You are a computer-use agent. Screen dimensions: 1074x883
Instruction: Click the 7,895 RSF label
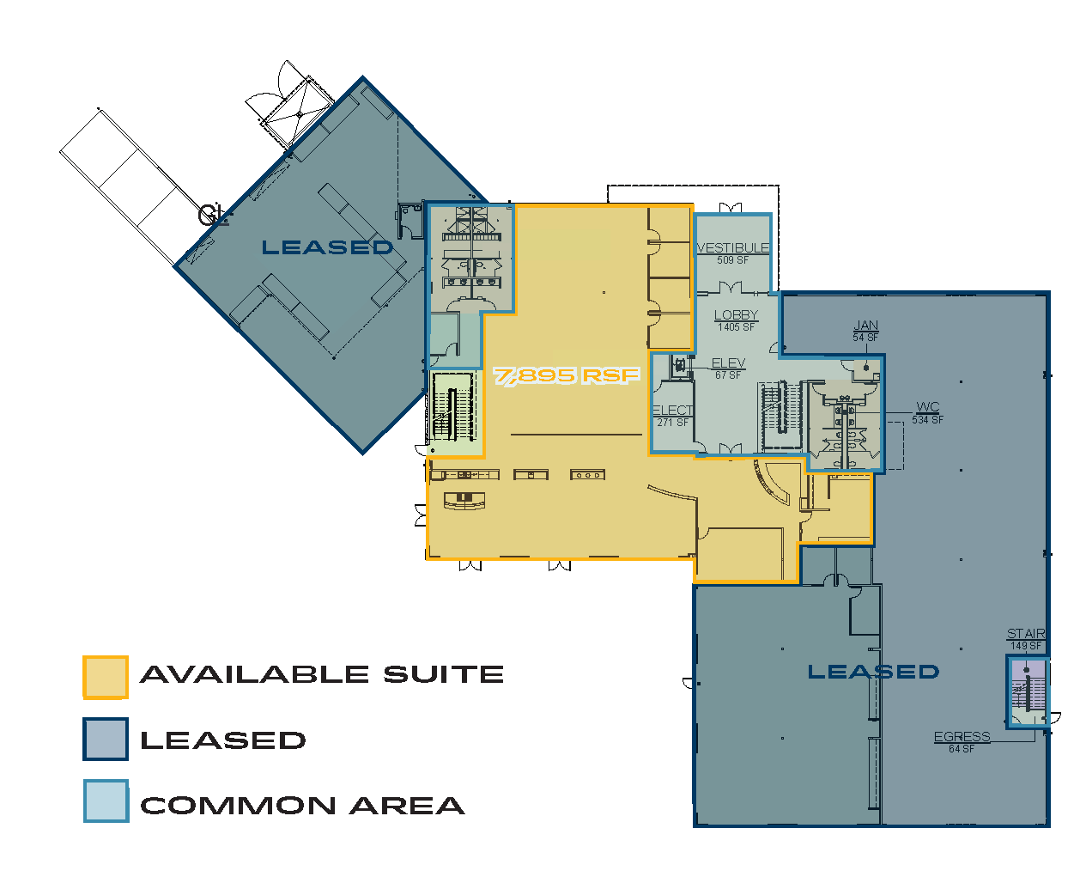[x=566, y=375]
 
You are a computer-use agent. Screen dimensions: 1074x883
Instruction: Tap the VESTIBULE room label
[x=733, y=247]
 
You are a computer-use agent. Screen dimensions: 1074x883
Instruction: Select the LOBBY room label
[x=736, y=315]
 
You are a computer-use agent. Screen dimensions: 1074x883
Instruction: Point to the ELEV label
[x=728, y=362]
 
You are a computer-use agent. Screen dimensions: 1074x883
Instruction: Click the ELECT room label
[x=673, y=411]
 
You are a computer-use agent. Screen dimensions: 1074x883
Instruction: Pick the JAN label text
[x=865, y=325]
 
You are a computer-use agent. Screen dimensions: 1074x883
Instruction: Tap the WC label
[x=927, y=407]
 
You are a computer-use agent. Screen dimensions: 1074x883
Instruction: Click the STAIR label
[x=1026, y=633]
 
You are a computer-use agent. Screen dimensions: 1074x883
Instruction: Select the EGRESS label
[x=962, y=737]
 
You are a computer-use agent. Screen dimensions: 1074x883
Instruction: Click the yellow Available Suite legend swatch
[x=106, y=677]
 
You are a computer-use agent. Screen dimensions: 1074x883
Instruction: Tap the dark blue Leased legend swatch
[x=106, y=739]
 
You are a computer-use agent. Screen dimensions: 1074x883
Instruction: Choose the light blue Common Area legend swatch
[x=106, y=801]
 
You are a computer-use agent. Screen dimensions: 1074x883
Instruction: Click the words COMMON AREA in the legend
[x=302, y=806]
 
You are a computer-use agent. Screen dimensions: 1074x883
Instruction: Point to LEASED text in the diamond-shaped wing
[x=327, y=247]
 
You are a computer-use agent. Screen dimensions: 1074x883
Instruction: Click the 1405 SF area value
[x=736, y=327]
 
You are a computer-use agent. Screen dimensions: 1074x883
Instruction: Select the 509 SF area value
[x=733, y=260]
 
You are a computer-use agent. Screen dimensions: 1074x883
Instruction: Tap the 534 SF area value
[x=927, y=420]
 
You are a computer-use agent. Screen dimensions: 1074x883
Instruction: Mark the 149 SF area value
[x=1026, y=646]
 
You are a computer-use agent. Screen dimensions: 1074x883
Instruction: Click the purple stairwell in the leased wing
[x=1028, y=692]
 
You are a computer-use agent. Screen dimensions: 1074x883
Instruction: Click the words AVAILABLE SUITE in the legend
[x=322, y=674]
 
